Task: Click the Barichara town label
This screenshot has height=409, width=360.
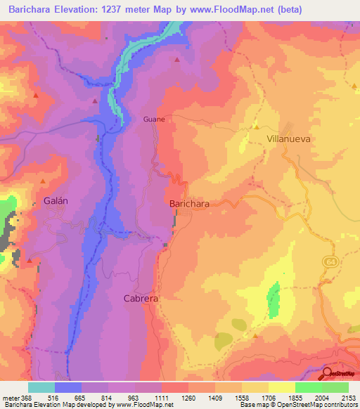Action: click(x=189, y=204)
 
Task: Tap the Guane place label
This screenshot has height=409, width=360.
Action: click(x=154, y=119)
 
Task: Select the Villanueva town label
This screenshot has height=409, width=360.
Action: click(x=288, y=139)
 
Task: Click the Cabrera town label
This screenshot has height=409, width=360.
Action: click(x=141, y=298)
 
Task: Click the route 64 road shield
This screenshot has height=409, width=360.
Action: click(x=330, y=261)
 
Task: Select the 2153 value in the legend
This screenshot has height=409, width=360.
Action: click(x=348, y=396)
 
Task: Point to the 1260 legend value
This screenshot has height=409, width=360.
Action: click(x=188, y=396)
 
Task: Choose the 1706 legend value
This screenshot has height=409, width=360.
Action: click(x=269, y=396)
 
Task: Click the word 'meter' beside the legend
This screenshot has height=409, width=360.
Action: click(x=10, y=396)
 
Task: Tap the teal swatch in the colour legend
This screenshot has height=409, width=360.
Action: click(x=41, y=387)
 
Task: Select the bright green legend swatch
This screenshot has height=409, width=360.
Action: click(x=308, y=387)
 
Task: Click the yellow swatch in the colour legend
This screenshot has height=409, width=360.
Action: click(x=281, y=387)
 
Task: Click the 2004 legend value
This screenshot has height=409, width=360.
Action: click(x=321, y=396)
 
